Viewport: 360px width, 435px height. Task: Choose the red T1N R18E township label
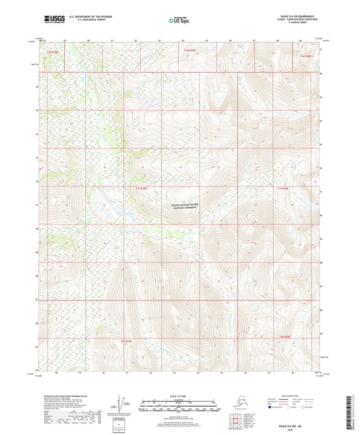coord(52,50)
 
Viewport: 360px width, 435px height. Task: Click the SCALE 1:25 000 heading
coord(179,396)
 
